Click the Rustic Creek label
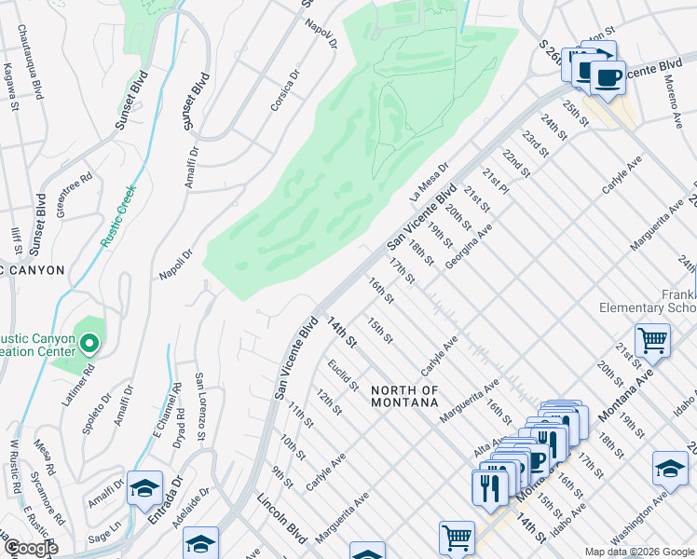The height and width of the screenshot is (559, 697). [118, 215]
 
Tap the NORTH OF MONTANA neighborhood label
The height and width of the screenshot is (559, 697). [403, 396]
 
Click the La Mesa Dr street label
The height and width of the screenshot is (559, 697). [429, 184]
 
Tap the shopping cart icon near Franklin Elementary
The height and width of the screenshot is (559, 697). [652, 340]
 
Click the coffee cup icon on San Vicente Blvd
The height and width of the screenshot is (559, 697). [608, 78]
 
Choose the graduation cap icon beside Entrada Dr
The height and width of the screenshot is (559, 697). [144, 487]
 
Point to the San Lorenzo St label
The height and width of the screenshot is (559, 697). [200, 410]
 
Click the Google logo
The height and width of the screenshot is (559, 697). [32, 549]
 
